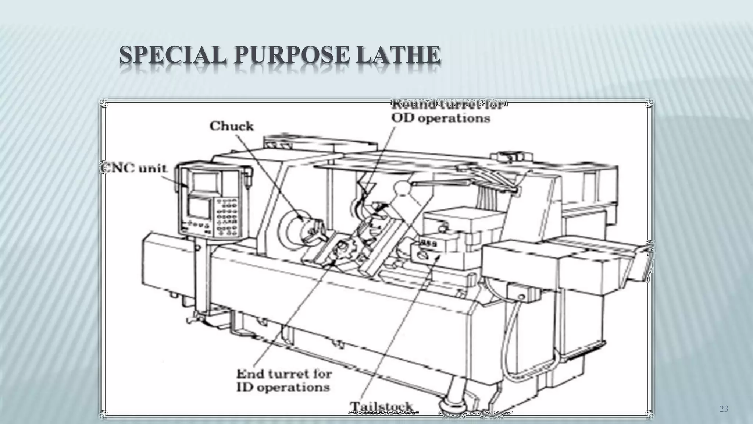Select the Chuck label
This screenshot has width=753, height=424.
click(x=232, y=126)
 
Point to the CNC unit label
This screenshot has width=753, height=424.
click(x=134, y=168)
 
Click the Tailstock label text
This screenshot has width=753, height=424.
click(x=381, y=406)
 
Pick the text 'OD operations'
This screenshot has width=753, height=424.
click(x=440, y=118)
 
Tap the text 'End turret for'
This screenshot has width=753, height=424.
click(x=284, y=374)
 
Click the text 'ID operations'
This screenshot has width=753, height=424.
click(x=282, y=388)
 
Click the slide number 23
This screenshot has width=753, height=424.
click(x=724, y=409)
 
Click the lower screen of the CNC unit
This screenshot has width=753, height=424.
click(x=199, y=208)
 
